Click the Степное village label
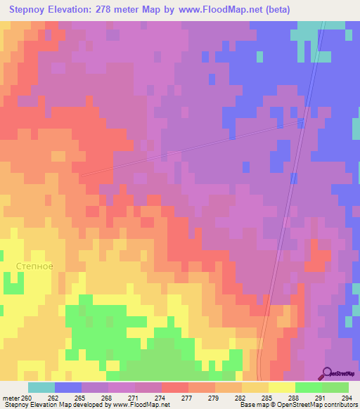tap(34, 266)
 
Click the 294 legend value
tap(347, 397)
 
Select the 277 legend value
tap(188, 397)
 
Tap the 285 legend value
tap(267, 397)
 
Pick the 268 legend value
tap(108, 397)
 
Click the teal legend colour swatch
tap(41, 387)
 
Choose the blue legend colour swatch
tap(67, 387)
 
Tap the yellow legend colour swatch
tap(281, 387)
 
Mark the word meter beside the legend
tap(11, 397)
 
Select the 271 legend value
tap(134, 397)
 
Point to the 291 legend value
tap(321, 397)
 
